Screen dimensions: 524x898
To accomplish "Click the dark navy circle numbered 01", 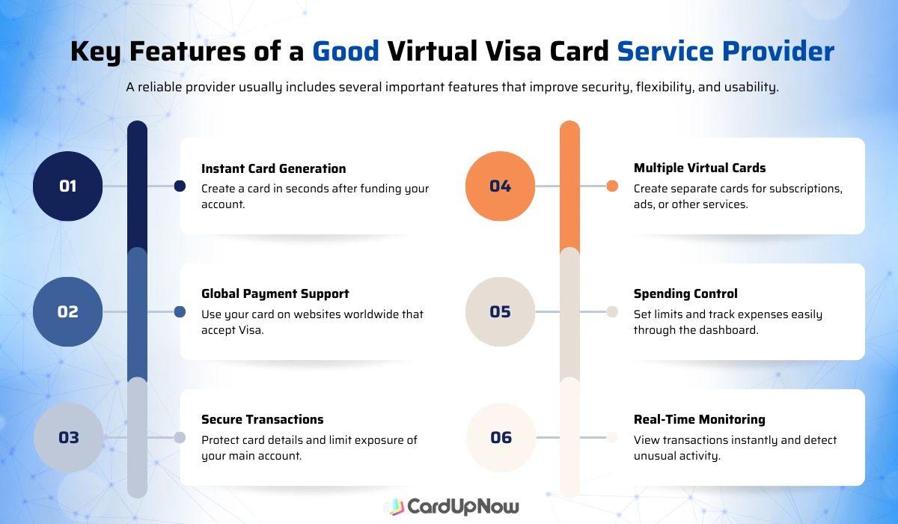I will [67, 186].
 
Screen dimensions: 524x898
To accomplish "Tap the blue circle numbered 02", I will [67, 311].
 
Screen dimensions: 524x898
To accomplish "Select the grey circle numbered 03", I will [67, 437].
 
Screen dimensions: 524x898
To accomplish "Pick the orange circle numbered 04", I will [500, 186].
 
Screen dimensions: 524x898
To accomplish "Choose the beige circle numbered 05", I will [500, 311].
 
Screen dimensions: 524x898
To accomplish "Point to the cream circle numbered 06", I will [500, 437].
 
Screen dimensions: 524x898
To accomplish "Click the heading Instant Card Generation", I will [273, 168].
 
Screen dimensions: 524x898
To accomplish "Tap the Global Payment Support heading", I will [275, 293].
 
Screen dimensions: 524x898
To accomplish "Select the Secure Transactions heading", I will [262, 419].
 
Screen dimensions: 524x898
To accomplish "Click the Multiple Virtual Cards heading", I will [699, 168].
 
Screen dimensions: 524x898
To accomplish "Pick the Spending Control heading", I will [685, 293].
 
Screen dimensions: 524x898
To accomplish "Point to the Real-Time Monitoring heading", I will [699, 419].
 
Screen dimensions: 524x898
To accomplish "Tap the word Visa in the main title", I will [535, 52].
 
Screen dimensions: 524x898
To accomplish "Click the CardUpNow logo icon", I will [394, 507].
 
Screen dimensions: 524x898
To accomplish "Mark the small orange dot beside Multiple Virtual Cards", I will [612, 186].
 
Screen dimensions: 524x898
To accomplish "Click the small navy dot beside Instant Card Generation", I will [180, 186].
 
